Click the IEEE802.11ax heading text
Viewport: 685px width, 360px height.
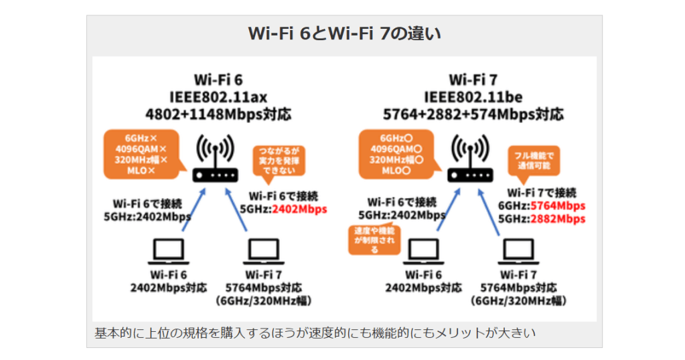click(218, 96)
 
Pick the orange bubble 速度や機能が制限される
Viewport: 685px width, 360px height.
click(374, 240)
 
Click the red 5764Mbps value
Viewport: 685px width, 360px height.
click(557, 206)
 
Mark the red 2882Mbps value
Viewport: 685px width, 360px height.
click(557, 219)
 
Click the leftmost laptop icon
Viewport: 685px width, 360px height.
click(167, 251)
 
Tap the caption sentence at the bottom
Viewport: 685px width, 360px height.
click(315, 333)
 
